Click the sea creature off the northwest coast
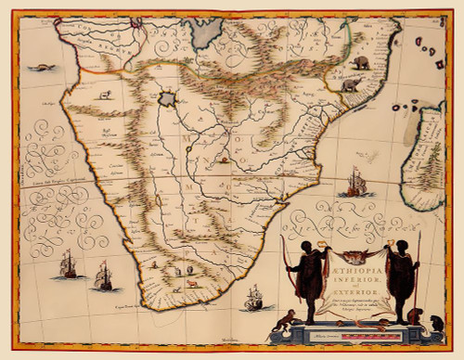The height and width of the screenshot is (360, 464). click(42, 67)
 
